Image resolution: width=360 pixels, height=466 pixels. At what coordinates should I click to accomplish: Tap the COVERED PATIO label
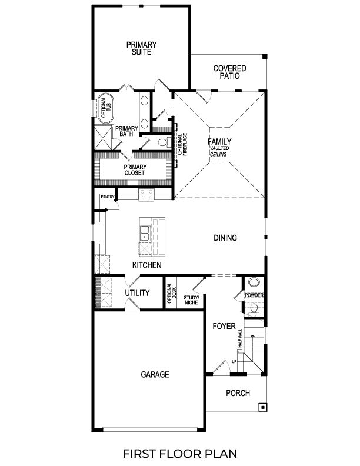pos(229,72)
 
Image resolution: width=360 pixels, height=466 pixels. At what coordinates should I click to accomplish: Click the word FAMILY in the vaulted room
pos(219,141)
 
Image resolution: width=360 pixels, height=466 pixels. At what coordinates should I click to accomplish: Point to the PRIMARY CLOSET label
pos(135,170)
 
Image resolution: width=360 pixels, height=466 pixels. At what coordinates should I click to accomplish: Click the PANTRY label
pos(106,197)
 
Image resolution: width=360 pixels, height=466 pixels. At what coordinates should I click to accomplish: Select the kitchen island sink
pos(145,237)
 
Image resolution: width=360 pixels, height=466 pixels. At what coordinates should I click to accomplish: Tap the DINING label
pos(225,238)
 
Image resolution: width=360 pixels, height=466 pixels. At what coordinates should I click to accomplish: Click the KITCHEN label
pos(146,265)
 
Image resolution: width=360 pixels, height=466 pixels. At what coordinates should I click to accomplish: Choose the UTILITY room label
pos(137,293)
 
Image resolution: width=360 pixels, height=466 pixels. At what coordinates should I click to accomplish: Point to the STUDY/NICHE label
pos(191,301)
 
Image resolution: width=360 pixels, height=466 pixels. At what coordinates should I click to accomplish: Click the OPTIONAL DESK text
pos(171,292)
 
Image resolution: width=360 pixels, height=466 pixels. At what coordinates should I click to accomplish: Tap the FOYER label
pos(224,326)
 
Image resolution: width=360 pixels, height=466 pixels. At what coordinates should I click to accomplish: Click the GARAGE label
pos(155,374)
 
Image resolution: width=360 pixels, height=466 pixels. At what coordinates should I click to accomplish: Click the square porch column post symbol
pos(262,407)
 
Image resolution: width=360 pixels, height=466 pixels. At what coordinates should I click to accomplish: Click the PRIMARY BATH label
pos(126,131)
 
